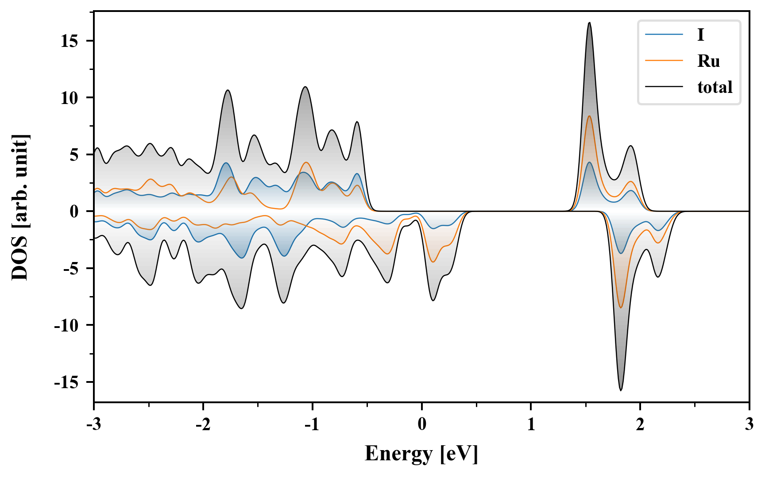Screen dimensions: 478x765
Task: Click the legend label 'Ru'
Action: click(708, 61)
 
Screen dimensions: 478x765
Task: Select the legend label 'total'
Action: click(715, 87)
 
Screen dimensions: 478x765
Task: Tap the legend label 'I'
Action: click(700, 35)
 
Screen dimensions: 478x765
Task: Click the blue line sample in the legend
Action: click(664, 35)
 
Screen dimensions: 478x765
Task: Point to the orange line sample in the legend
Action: click(664, 61)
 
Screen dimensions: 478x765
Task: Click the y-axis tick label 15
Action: click(70, 41)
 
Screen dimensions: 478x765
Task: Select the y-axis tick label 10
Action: click(70, 98)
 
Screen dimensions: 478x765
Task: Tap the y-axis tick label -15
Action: click(66, 382)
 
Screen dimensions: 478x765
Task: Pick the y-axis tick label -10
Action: click(66, 325)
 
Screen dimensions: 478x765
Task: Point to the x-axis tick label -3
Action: click(94, 424)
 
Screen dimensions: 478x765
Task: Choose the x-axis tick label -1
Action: click(312, 424)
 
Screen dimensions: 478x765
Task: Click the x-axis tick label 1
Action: click(531, 424)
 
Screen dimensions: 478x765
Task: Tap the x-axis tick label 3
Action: click(749, 424)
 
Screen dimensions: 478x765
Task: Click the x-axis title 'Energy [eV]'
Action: click(421, 454)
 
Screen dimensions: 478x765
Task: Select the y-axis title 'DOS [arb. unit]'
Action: click(20, 207)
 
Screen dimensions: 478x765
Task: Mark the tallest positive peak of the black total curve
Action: click(589, 23)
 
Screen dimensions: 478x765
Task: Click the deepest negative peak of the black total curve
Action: click(621, 390)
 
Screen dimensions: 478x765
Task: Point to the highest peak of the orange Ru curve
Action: click(589, 116)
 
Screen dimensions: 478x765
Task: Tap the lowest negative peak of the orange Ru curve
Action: click(621, 308)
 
